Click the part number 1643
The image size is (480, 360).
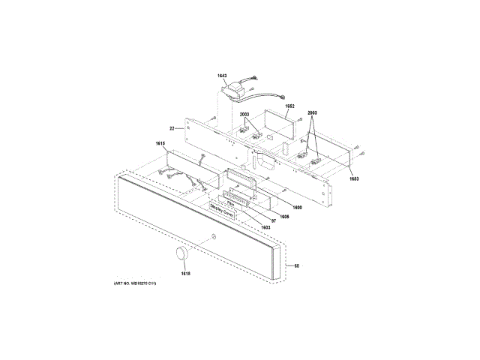click(222, 76)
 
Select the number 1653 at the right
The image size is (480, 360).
click(352, 178)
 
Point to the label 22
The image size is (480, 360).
click(172, 128)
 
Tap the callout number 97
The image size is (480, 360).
click(274, 221)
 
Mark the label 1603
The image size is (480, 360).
click(265, 227)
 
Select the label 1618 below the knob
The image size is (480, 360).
click(184, 273)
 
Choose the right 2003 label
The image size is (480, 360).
click(312, 113)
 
